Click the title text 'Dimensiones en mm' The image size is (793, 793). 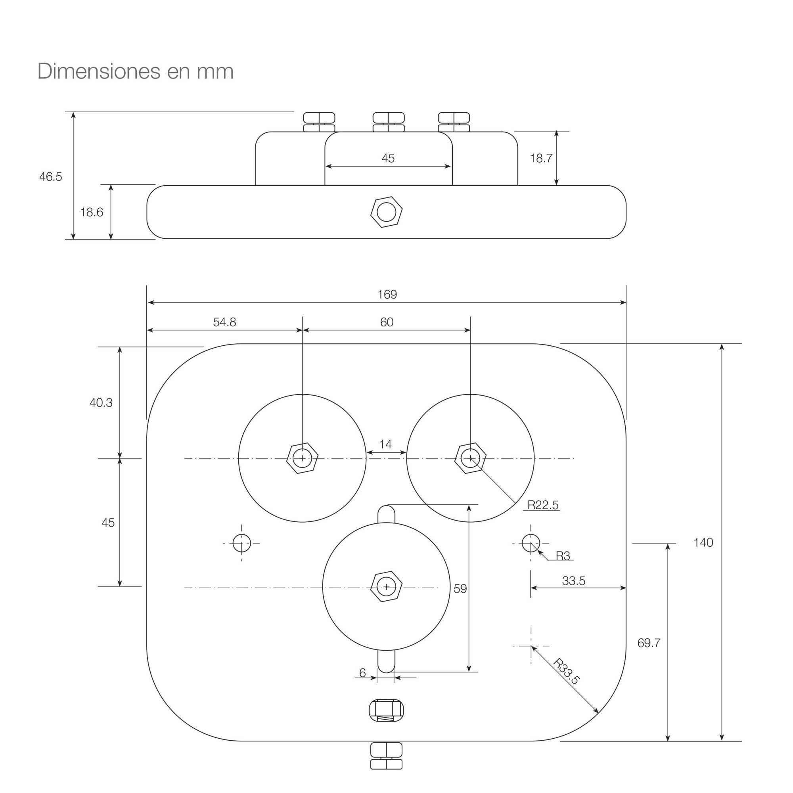[x=136, y=71]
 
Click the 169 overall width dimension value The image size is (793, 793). [x=387, y=294]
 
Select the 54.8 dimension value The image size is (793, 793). [x=224, y=322]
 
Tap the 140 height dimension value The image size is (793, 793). [x=703, y=543]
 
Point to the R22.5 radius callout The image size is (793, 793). [x=543, y=505]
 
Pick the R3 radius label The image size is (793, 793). [x=563, y=556]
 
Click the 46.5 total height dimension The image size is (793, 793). [x=50, y=176]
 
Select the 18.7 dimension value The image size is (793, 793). [x=541, y=158]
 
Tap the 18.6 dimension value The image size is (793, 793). [x=92, y=212]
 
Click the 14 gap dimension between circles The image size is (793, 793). [x=385, y=444]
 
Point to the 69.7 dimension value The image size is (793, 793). [x=649, y=643]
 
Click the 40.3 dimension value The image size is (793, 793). [x=101, y=403]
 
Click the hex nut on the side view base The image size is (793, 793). [x=386, y=212]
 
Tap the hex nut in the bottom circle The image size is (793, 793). [x=386, y=586]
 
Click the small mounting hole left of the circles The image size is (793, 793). [x=241, y=543]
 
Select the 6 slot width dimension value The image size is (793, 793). [x=362, y=673]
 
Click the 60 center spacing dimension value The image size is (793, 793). [x=387, y=322]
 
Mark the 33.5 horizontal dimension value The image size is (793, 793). [x=573, y=581]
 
